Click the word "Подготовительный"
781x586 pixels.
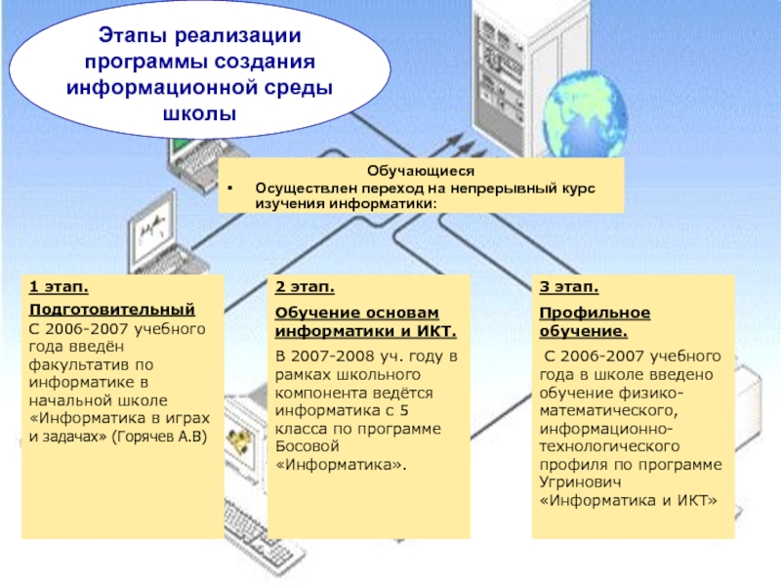pyautogui.click(x=91, y=310)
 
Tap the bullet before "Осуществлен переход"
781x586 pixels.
pyautogui.click(x=230, y=188)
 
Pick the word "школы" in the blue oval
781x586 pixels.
pyautogui.click(x=199, y=114)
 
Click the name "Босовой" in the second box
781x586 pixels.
pyautogui.click(x=307, y=445)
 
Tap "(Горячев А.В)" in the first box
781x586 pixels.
pyautogui.click(x=165, y=436)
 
